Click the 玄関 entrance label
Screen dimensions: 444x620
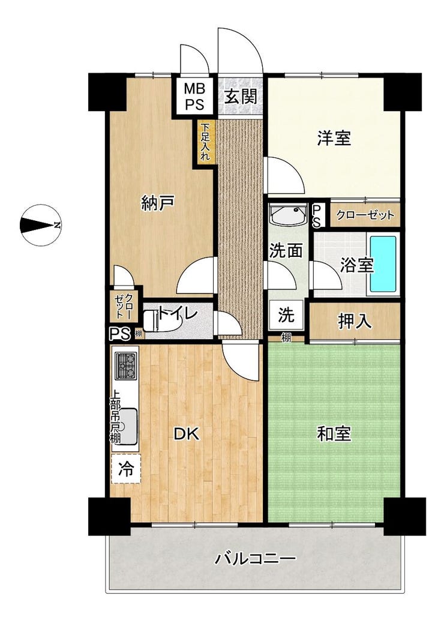click(241, 97)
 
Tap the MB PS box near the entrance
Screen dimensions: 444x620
click(194, 96)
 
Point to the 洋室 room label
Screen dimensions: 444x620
click(334, 138)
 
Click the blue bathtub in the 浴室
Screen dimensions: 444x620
click(383, 263)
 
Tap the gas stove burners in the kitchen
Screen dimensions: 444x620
click(126, 366)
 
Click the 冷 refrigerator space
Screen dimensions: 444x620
click(126, 469)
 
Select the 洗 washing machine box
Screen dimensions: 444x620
click(286, 315)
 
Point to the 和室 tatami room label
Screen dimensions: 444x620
click(334, 434)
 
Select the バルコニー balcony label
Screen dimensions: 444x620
click(256, 559)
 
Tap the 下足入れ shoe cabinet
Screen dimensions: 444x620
click(205, 141)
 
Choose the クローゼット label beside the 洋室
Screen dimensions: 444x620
click(365, 215)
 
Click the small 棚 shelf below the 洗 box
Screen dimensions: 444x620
click(286, 338)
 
